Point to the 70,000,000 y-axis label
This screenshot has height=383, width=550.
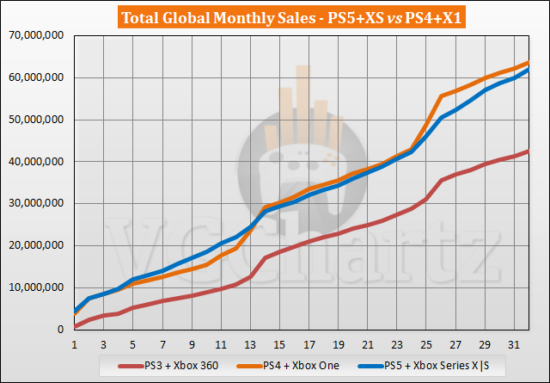point(34,35)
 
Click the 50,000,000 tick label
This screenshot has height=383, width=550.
point(34,120)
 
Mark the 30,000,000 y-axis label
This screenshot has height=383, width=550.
point(34,203)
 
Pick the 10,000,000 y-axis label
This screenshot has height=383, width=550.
point(34,287)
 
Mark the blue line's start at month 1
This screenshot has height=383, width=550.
point(76,312)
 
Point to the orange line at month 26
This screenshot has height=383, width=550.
point(441,96)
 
